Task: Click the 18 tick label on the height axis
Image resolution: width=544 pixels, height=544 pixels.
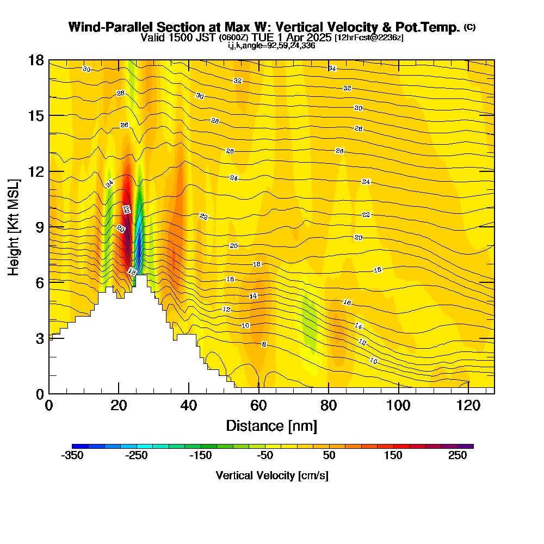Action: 36,60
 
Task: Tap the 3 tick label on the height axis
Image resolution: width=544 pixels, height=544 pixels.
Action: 40,338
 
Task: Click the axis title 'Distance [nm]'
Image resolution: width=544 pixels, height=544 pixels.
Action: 271,425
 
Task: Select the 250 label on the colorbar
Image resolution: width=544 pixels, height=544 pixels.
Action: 458,456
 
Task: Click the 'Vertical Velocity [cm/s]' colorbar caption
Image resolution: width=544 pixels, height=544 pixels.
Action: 272,475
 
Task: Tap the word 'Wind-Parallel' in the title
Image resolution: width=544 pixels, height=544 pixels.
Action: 102,27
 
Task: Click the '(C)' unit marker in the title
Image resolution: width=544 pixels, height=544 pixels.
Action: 469,27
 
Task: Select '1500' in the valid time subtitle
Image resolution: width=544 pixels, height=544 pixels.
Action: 176,38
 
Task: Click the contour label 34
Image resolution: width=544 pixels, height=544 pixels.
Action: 332,69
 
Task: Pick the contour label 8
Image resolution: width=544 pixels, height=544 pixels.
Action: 264,344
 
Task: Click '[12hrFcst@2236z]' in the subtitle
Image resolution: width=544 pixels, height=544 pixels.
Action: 369,38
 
